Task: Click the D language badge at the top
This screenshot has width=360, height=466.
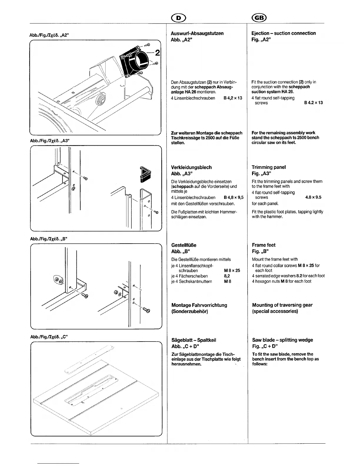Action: pyautogui.click(x=178, y=18)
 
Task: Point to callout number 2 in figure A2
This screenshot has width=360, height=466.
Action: pyautogui.click(x=157, y=53)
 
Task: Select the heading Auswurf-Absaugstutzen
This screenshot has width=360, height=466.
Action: pyautogui.click(x=197, y=33)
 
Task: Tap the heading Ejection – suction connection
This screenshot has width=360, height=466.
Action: pyautogui.click(x=284, y=33)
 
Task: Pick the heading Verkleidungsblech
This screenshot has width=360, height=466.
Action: pyautogui.click(x=191, y=167)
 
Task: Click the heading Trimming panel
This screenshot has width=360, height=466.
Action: pyautogui.click(x=269, y=167)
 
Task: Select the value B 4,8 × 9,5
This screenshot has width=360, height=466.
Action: pyautogui.click(x=234, y=197)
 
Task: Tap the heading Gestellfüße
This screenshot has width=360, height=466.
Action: pyautogui.click(x=184, y=245)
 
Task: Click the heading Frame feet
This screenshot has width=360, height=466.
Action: pyautogui.click(x=264, y=245)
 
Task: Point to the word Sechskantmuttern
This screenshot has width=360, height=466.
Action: pyautogui.click(x=199, y=281)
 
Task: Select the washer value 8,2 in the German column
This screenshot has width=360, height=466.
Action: pyautogui.click(x=227, y=276)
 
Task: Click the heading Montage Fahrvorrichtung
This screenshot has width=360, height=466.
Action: pyautogui.click(x=199, y=305)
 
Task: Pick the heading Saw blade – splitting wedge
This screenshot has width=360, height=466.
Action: pyautogui.click(x=282, y=340)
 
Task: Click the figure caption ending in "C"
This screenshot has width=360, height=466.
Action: pyautogui.click(x=49, y=336)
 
